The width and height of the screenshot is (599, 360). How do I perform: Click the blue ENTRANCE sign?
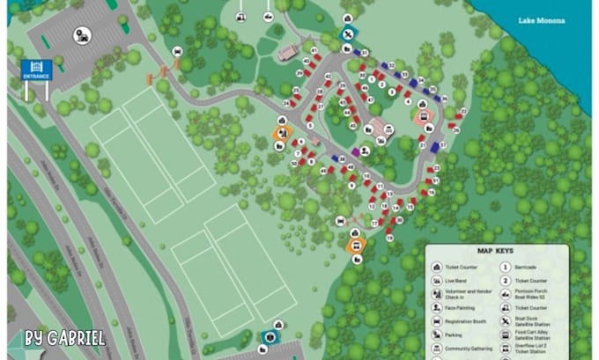[x=37, y=69]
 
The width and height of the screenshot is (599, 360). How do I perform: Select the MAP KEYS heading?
[x=495, y=251]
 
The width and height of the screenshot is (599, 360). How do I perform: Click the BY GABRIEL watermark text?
[x=65, y=338]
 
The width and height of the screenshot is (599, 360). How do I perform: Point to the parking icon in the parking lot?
[x=81, y=36]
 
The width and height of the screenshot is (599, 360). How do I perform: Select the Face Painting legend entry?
[x=465, y=308]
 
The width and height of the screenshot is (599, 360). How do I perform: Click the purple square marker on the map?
[x=355, y=151]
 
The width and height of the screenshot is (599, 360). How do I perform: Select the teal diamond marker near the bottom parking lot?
[x=268, y=336]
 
